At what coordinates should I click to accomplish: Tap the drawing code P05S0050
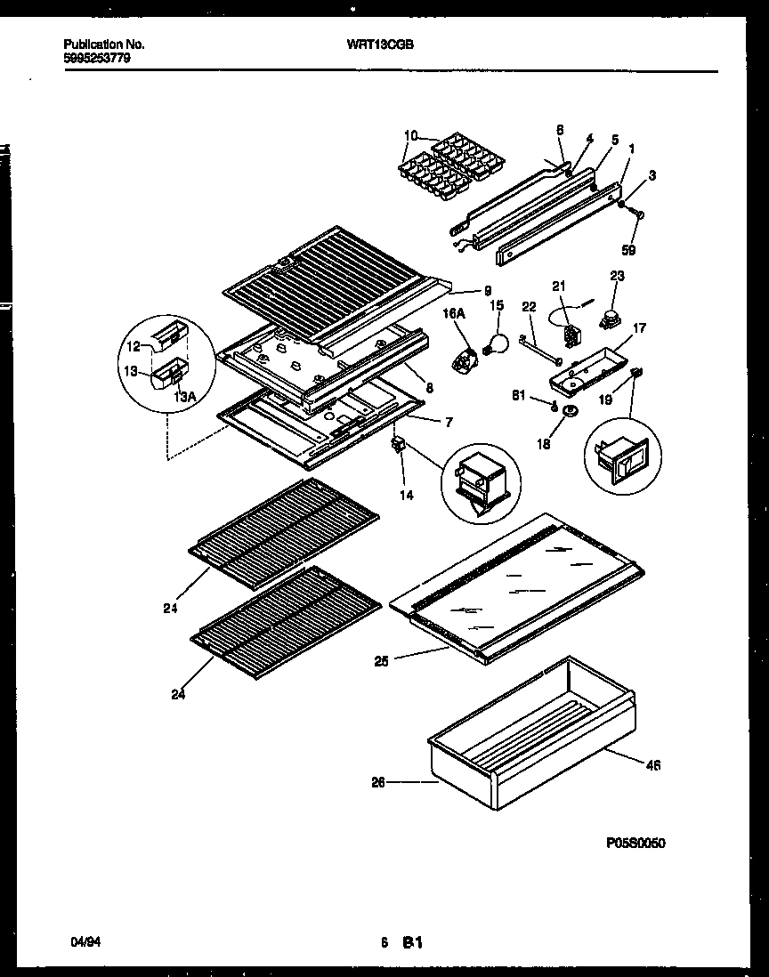click(635, 843)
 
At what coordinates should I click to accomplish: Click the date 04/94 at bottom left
click(83, 941)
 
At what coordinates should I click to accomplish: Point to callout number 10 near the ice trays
click(409, 136)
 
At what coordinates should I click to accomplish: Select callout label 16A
click(454, 313)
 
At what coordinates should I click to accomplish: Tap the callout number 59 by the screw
click(628, 251)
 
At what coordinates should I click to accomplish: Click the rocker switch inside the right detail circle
click(622, 459)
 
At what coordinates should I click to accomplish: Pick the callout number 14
click(406, 495)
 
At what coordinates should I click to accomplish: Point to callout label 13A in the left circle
click(185, 397)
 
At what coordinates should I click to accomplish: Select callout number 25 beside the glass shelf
click(383, 660)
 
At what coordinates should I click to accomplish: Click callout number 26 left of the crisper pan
click(378, 782)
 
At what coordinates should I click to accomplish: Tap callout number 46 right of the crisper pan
click(653, 763)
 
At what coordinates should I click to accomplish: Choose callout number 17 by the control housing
click(639, 327)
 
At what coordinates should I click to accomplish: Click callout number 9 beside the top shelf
click(488, 290)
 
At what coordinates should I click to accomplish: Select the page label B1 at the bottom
click(411, 941)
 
